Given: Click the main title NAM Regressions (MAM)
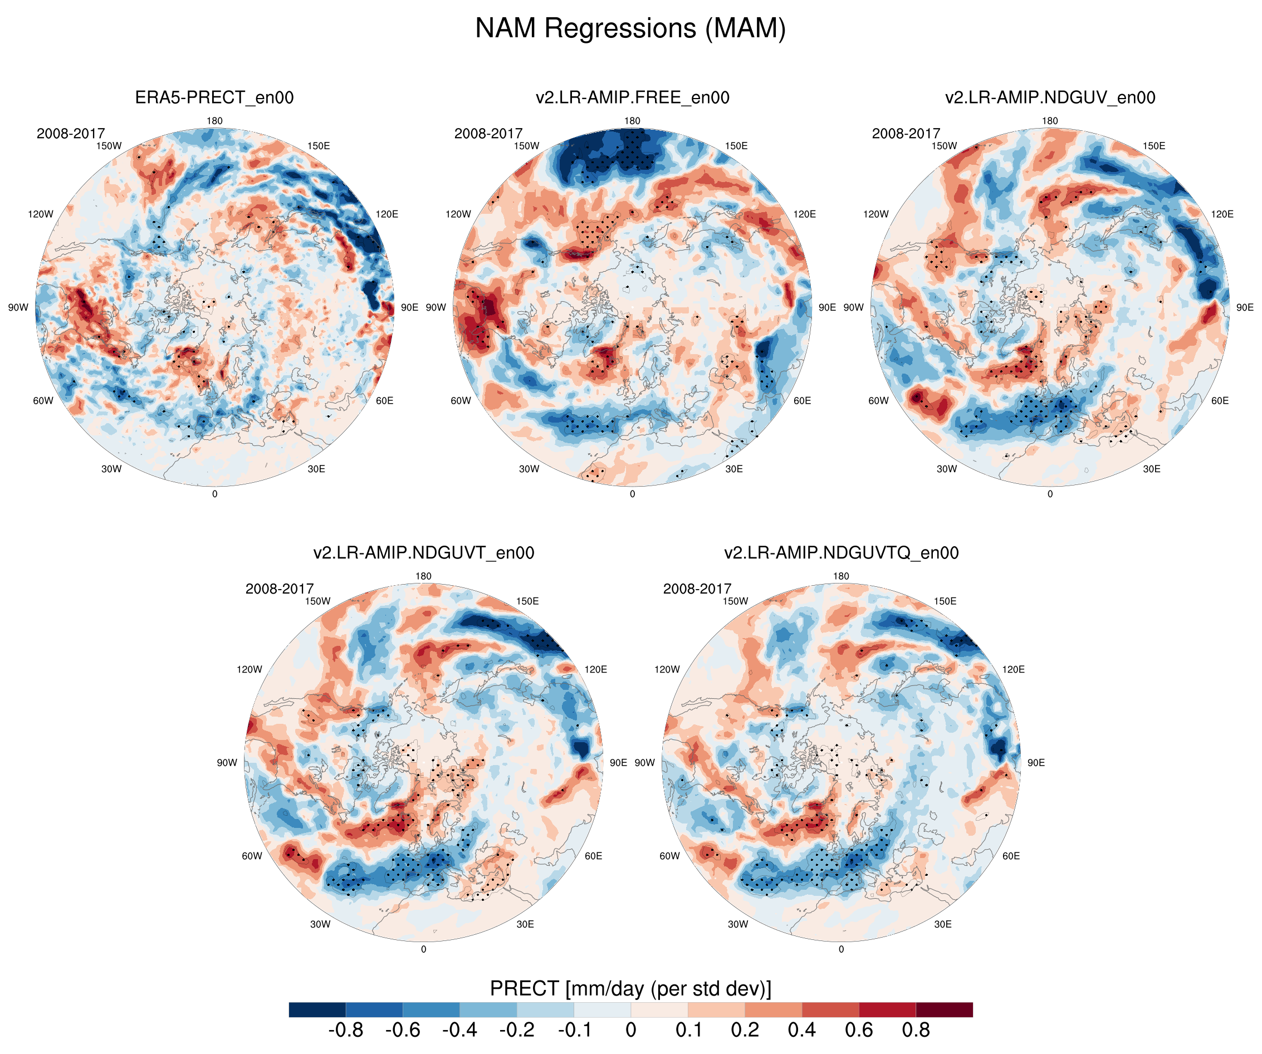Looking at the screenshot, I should pos(630,28).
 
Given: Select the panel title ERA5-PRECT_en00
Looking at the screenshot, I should pos(214,97).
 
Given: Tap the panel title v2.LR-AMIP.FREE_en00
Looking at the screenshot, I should pos(632,97).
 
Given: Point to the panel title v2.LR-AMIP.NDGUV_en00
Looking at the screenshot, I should pos(1050,97).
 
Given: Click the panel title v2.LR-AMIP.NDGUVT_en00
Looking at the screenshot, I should pos(423,553).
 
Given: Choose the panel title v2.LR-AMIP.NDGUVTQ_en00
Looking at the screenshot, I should pos(841,553).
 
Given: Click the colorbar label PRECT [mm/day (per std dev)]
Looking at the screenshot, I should pos(630,988).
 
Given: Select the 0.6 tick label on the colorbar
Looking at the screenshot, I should pos(859,1030).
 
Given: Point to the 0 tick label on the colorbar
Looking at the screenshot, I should pos(630,1030).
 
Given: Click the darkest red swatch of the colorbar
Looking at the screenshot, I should pos(944,1009).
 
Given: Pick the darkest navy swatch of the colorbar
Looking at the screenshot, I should pos(317,1009).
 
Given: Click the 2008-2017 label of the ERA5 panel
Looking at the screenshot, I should pos(70,134).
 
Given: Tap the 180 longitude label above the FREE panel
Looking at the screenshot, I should pos(632,121).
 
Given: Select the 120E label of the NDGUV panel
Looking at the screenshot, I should pos(1222,214).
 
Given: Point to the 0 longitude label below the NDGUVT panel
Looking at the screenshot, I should pos(423,949).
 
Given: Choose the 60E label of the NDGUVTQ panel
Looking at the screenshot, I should pos(1011,856).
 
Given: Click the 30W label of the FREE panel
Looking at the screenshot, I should pos(529,469).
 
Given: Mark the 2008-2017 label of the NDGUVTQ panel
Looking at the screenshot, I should pos(697,589).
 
